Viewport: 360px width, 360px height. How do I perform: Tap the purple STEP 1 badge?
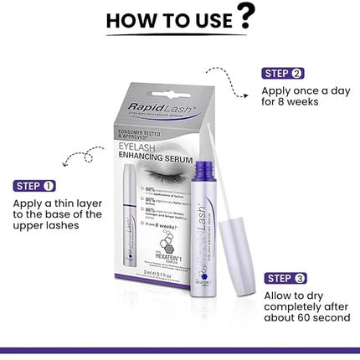click(x=33, y=185)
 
